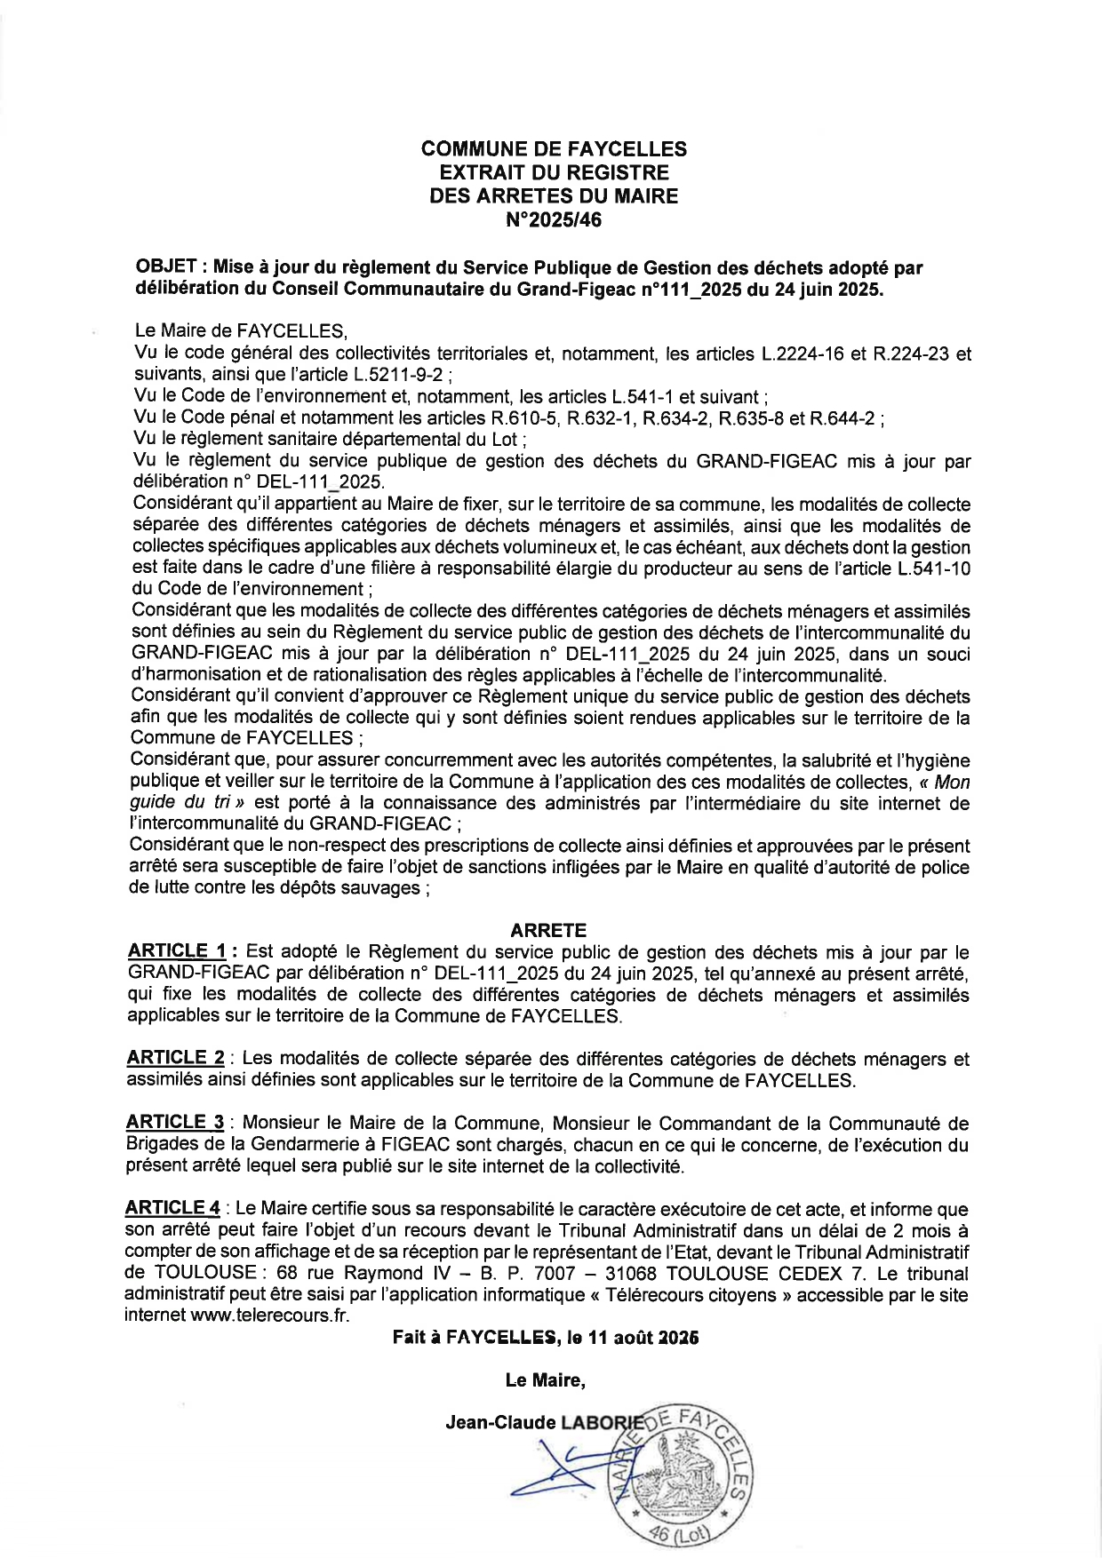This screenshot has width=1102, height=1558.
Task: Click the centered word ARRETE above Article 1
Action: click(548, 930)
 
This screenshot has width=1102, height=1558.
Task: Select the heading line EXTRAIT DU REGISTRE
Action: click(553, 172)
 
